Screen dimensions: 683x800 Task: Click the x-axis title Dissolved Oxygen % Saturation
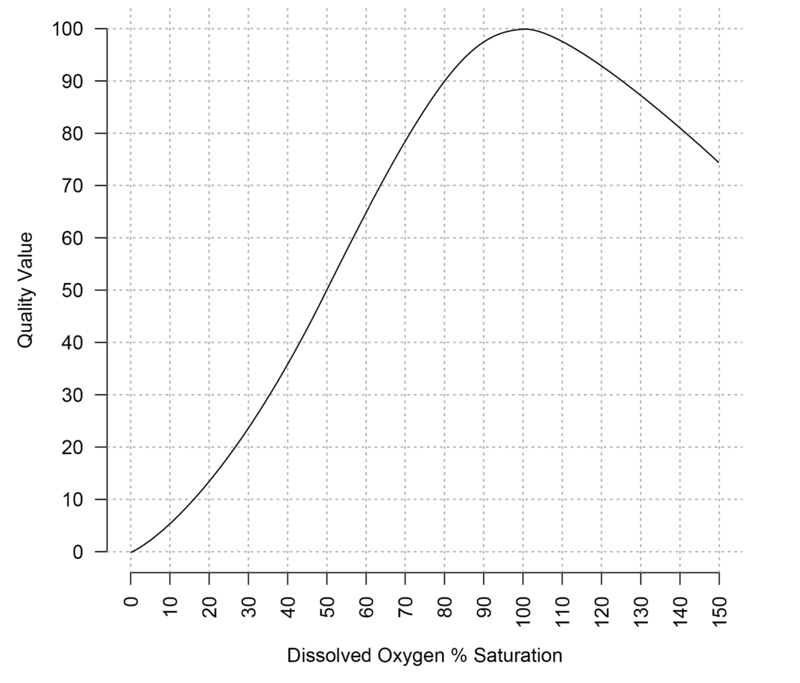[424, 655]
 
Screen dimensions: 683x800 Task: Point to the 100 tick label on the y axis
[68, 29]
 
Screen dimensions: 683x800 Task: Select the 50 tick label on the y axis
[72, 290]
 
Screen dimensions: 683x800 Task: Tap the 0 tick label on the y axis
[78, 551]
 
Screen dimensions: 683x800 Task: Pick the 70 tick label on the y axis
[72, 186]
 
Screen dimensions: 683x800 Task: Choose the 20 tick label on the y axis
[72, 447]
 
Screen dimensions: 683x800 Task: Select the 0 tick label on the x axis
[131, 602]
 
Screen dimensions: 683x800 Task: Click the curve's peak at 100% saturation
[524, 29]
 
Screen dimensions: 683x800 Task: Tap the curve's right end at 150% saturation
[718, 162]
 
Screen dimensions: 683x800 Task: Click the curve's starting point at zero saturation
[131, 551]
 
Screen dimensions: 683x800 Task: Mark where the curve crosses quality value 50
[327, 290]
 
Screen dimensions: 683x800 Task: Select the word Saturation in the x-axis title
[518, 655]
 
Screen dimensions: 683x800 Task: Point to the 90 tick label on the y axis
[72, 81]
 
